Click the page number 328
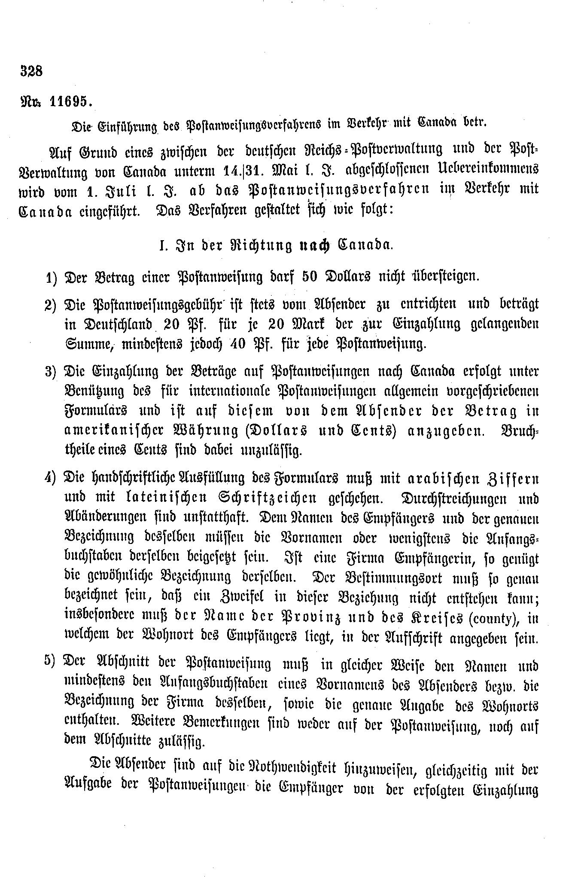pos(31,70)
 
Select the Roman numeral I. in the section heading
pos(162,246)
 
